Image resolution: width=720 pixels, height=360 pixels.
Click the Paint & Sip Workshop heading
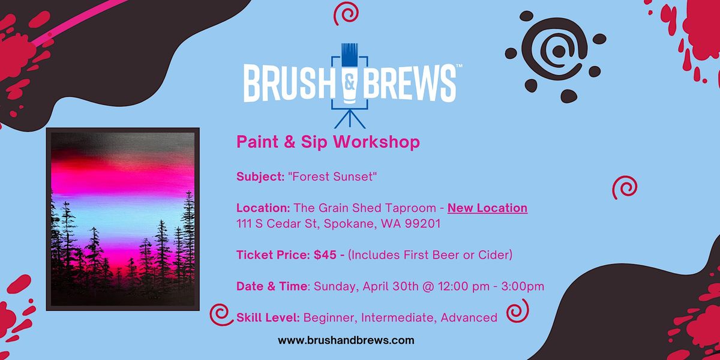328,142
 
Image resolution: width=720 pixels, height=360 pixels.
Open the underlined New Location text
487,208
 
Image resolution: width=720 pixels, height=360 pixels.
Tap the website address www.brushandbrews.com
346,340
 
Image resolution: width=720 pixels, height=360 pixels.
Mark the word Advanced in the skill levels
469,317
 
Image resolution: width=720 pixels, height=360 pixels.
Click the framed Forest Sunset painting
122,219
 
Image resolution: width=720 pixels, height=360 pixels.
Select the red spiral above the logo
347,13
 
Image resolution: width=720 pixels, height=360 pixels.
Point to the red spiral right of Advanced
517,311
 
